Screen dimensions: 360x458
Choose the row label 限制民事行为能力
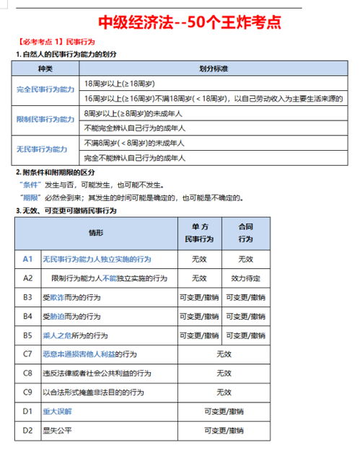[x=45, y=119]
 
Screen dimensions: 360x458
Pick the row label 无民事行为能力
[x=42, y=149]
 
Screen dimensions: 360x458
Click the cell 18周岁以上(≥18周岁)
[x=122, y=83]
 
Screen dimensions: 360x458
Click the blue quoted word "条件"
[x=30, y=184]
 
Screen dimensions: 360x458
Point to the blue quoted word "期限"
[x=30, y=196]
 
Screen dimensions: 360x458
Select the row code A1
[x=28, y=258]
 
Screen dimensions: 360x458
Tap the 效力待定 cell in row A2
[x=245, y=278]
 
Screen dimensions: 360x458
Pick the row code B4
[x=28, y=316]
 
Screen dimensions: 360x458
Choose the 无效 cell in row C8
[x=224, y=373]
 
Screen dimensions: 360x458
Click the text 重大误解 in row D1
[x=57, y=411]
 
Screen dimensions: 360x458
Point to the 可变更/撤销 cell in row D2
[x=224, y=431]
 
